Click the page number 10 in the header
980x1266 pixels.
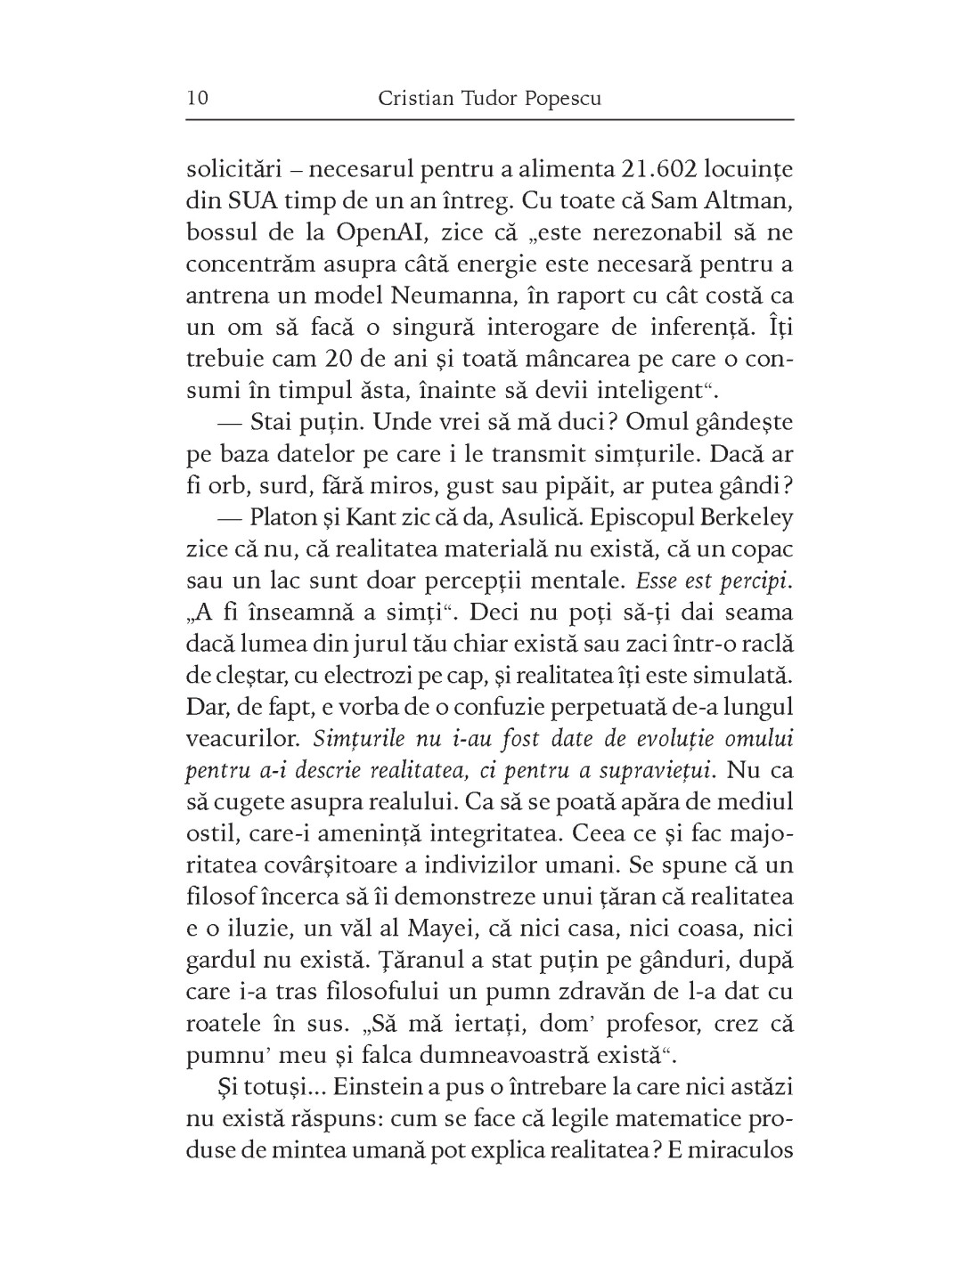[x=197, y=97]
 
